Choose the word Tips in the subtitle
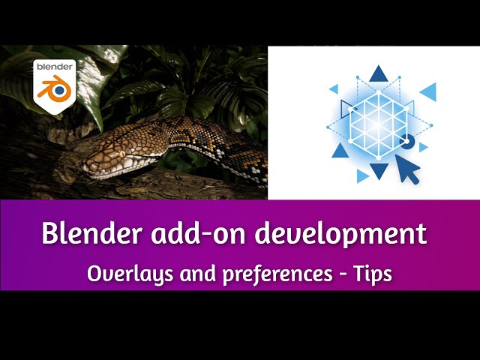[372, 274]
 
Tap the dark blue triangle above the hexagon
[379, 73]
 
